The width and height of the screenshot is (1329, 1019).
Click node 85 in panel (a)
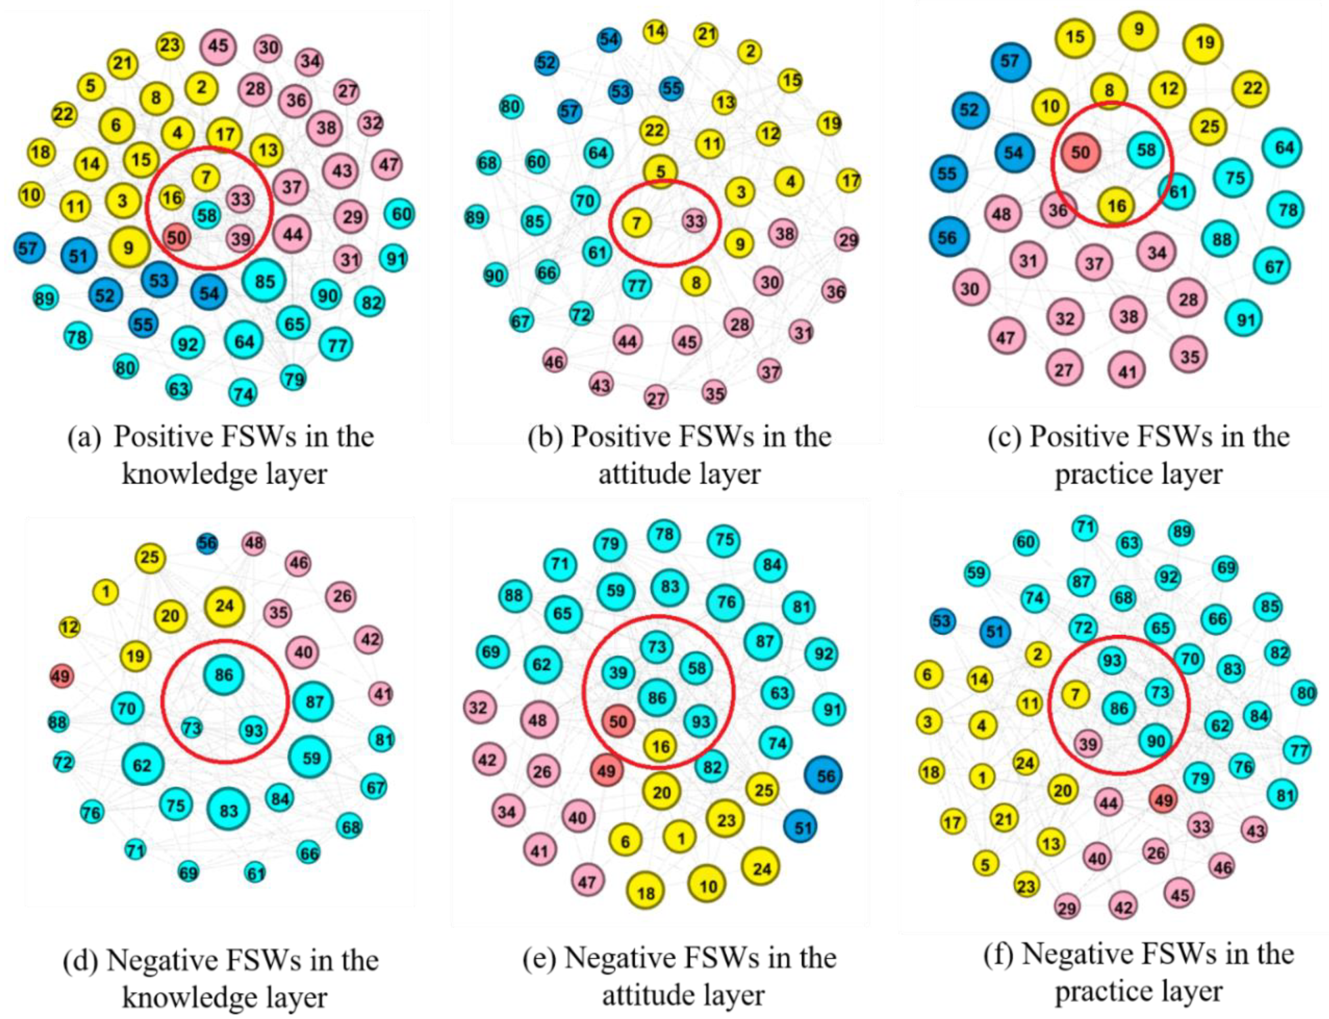click(264, 281)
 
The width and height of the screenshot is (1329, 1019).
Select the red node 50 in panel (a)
click(177, 237)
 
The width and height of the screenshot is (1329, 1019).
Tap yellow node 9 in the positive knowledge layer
click(129, 246)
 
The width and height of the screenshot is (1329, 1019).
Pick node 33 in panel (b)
click(695, 221)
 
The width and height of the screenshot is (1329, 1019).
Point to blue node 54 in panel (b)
click(609, 39)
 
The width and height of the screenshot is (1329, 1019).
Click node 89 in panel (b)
click(476, 217)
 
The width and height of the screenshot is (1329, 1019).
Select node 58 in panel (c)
click(1146, 150)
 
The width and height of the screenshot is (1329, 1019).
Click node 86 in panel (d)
click(224, 675)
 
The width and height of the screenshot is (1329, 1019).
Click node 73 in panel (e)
click(657, 647)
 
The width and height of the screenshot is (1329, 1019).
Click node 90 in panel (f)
click(1155, 741)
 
